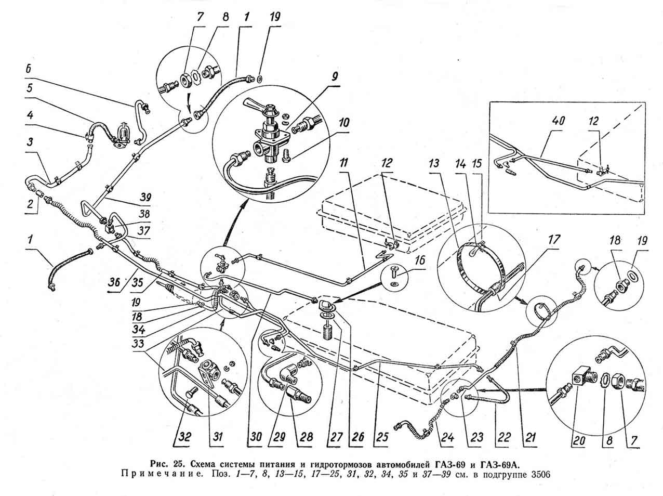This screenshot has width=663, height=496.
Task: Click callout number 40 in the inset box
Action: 559,122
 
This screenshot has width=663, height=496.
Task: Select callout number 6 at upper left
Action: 28,69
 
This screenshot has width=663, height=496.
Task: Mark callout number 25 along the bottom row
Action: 382,437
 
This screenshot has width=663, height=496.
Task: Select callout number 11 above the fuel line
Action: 344,164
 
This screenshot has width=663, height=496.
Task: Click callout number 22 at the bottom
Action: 504,437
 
